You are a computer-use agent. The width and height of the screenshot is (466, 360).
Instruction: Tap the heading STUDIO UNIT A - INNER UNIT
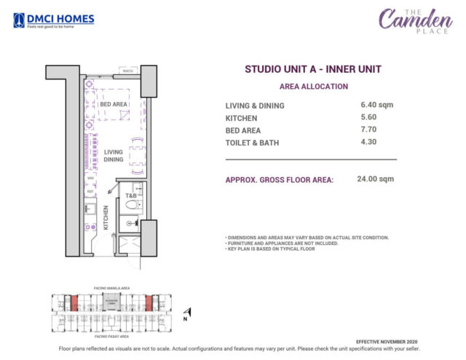(x=313, y=69)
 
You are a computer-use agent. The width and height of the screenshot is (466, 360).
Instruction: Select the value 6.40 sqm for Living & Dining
(x=376, y=105)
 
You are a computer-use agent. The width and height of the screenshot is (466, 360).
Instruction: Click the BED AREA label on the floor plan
(x=114, y=104)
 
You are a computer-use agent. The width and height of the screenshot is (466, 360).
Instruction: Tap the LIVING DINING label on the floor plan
(x=113, y=156)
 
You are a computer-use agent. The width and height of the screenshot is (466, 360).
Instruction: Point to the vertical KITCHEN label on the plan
(x=106, y=217)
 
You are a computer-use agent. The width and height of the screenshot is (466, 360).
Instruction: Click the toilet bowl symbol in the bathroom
(x=132, y=206)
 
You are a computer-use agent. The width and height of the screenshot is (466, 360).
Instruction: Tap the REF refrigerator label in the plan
(x=90, y=192)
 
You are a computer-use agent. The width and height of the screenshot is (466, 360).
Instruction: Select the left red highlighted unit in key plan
(x=73, y=302)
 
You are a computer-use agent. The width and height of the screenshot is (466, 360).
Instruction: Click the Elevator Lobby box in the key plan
(x=111, y=301)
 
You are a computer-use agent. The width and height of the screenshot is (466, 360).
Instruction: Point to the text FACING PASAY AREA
(x=113, y=337)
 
